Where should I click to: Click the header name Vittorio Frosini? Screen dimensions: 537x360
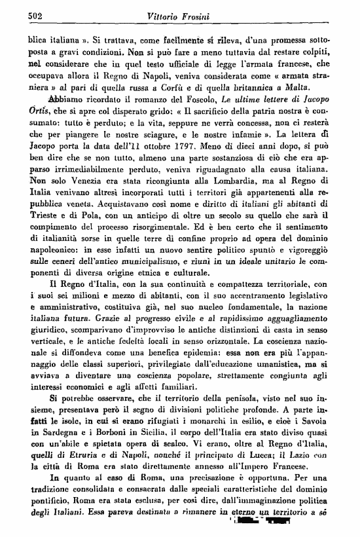tap(183, 15)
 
